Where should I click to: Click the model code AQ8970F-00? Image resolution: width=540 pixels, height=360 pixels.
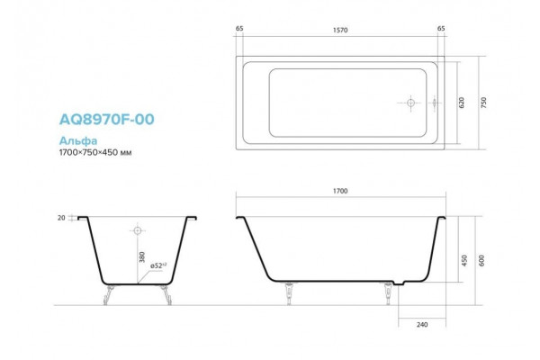click(107, 119)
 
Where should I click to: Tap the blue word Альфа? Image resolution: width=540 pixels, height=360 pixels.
click(78, 140)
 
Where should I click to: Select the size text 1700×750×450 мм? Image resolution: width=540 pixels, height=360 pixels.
click(95, 152)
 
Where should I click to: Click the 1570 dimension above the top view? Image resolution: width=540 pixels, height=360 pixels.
click(340, 31)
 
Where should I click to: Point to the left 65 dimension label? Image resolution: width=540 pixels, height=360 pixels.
click(239, 28)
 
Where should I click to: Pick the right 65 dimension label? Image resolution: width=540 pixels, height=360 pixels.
click(441, 28)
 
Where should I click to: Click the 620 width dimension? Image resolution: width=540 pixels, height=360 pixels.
click(462, 103)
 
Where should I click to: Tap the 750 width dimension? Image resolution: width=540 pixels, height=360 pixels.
click(483, 103)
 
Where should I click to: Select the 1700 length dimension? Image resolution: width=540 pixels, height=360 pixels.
click(340, 191)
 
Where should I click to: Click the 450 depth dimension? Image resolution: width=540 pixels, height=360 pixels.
click(464, 260)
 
